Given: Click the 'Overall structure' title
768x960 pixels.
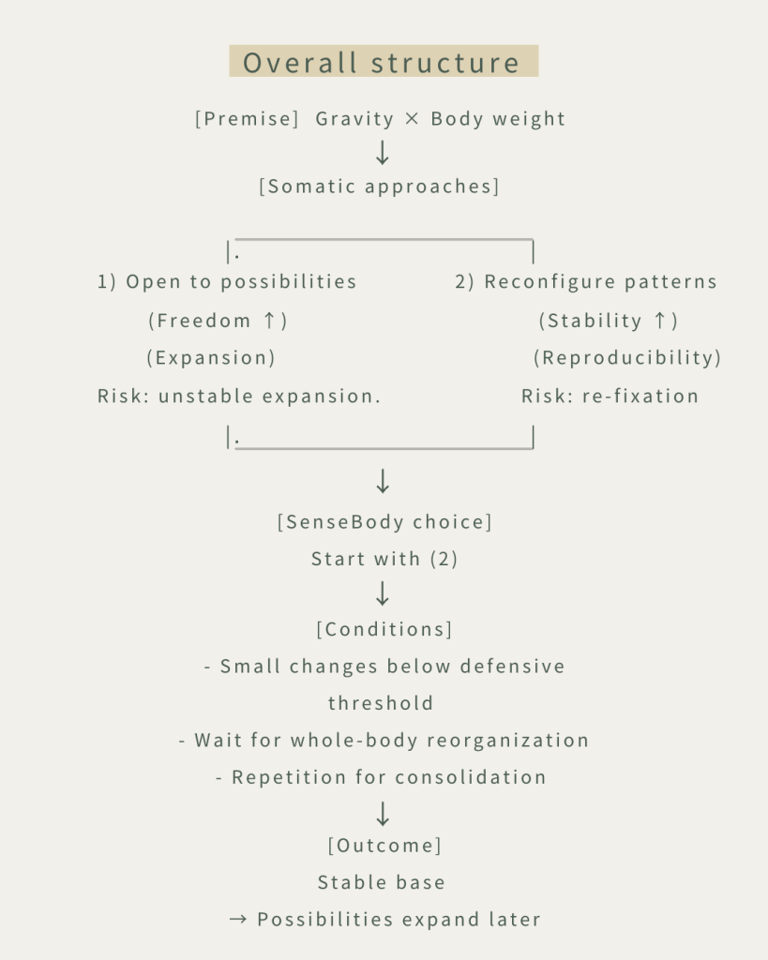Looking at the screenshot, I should (383, 63).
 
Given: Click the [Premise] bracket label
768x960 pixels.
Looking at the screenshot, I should (247, 119).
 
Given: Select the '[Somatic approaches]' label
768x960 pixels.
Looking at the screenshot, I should (379, 186).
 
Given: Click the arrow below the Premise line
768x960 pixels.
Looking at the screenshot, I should (382, 152).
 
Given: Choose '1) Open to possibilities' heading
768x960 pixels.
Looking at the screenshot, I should (227, 282).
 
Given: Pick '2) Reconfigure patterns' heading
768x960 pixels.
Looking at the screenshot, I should (586, 282).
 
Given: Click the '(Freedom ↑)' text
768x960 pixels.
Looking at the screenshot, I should (218, 321).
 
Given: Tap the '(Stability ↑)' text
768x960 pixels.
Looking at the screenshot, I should (608, 321).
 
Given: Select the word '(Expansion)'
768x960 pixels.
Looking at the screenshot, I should (211, 358).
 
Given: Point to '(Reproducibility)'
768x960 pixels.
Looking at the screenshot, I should (627, 358).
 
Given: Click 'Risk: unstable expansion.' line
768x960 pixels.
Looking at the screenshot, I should (239, 396).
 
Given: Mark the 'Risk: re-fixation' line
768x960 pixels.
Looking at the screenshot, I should (610, 396).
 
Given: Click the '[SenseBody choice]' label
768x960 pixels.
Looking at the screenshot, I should (384, 522).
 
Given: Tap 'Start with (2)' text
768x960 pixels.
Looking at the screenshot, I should (384, 559).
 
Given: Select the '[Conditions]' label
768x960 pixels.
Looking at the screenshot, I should (384, 629).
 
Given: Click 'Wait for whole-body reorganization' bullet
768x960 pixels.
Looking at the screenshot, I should (384, 740).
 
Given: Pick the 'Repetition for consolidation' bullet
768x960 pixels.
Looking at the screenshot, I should (382, 777).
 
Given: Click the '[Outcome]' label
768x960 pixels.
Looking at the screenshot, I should (384, 846).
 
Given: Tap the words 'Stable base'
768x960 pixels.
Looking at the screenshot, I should (382, 882).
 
